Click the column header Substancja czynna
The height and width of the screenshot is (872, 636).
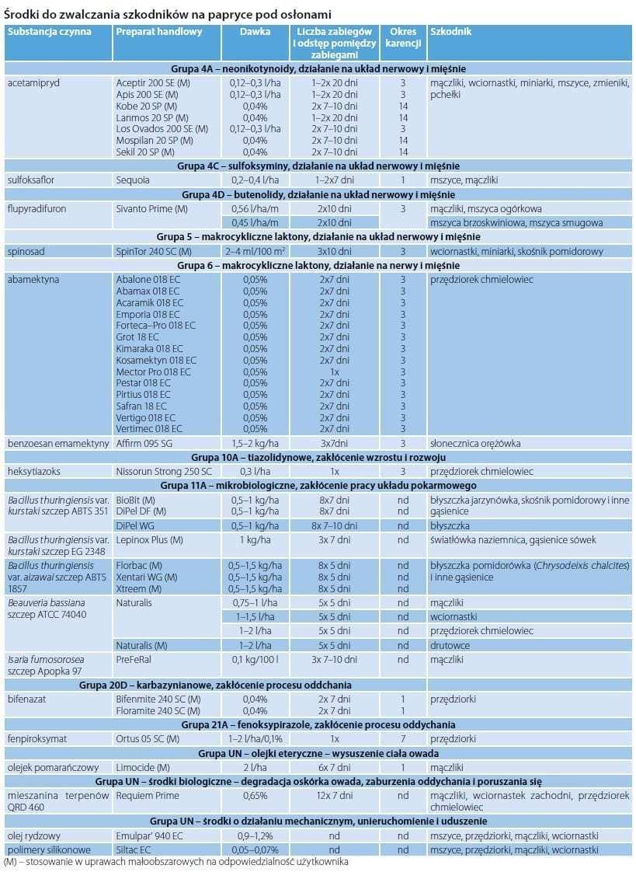point(49,32)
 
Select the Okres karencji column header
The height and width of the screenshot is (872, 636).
point(403,37)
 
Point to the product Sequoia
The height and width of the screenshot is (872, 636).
point(134,180)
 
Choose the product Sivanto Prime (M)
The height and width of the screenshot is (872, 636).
point(152,208)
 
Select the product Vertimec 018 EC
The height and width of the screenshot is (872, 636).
point(149,428)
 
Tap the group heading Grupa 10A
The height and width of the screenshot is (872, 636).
point(318,457)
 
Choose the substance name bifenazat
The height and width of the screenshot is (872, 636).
point(26,699)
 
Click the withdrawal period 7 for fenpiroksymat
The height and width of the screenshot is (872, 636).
point(403,738)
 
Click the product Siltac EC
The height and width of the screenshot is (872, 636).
point(135,849)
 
